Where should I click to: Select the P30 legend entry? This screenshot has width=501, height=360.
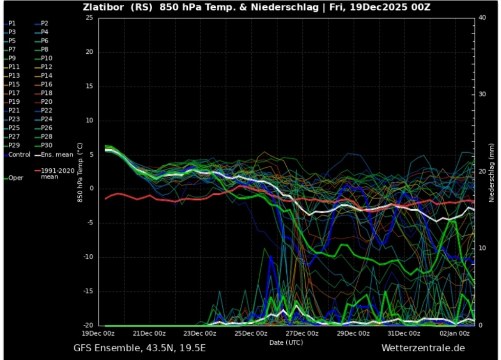click(x=46, y=145)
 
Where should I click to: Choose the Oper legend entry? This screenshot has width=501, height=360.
click(x=16, y=178)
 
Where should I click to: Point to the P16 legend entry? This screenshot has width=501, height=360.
click(x=46, y=85)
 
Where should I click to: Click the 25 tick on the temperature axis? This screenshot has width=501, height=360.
click(x=89, y=18)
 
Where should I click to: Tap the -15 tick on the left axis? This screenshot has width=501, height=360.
click(x=88, y=292)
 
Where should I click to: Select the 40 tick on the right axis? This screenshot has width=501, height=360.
click(x=482, y=18)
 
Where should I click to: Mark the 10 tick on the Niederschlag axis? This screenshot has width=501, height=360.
click(x=482, y=248)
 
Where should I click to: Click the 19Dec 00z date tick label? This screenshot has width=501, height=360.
click(x=98, y=334)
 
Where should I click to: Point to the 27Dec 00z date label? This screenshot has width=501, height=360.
click(x=302, y=334)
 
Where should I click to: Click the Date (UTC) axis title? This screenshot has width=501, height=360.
click(x=286, y=342)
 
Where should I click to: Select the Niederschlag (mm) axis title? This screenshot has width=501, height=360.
click(x=492, y=171)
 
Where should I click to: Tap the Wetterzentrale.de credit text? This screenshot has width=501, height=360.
click(x=423, y=348)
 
